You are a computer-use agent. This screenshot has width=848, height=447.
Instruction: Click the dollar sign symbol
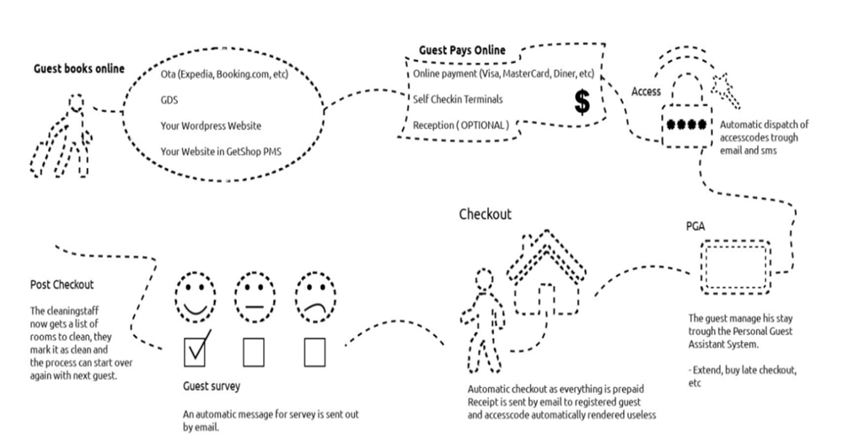click(581, 102)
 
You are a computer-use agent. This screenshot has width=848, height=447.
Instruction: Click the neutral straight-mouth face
click(255, 296)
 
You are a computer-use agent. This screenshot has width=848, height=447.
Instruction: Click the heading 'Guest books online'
click(79, 68)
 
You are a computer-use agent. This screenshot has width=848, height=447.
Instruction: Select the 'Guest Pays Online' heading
click(462, 51)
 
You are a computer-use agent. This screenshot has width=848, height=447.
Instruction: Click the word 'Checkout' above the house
click(485, 214)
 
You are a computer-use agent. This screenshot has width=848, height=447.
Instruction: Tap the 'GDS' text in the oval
click(169, 99)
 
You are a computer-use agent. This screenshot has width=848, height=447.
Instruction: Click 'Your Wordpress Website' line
click(211, 125)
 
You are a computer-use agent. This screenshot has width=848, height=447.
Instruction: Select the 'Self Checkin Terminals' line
click(458, 99)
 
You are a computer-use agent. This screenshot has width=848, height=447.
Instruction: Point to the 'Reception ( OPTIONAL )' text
click(460, 125)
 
